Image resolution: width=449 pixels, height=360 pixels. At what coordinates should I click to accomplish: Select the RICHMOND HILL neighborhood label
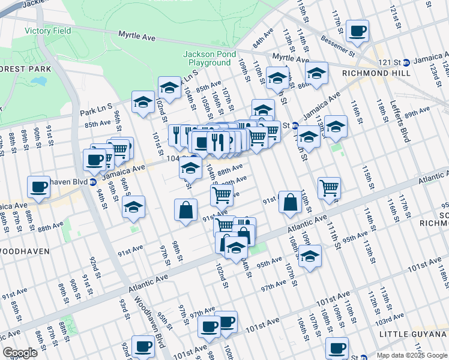point(376,73)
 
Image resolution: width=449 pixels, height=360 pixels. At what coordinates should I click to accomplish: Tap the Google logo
point(20,353)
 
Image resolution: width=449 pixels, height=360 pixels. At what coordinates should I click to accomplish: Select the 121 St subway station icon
point(406,62)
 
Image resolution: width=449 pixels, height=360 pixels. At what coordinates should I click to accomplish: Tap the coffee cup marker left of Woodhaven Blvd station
point(39,186)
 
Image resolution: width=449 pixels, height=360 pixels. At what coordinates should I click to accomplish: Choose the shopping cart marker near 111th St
point(329,187)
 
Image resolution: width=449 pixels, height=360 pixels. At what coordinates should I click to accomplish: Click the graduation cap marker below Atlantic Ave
point(310,256)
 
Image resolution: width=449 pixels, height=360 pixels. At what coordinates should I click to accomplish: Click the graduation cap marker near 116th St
point(336,126)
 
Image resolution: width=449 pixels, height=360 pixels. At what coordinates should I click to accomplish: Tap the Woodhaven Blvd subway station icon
point(93,182)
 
